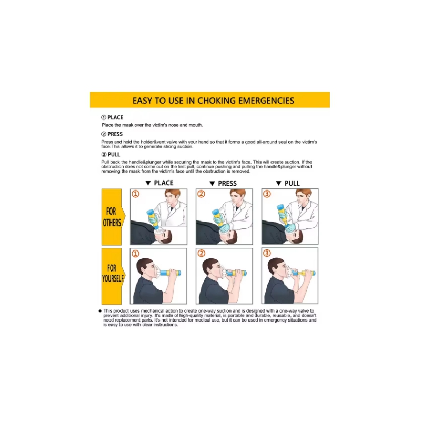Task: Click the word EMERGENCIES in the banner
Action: pos(266,101)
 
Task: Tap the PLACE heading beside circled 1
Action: pos(115,117)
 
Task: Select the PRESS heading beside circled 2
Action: pos(115,134)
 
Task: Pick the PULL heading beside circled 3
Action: pos(114,154)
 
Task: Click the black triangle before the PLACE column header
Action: pos(148,183)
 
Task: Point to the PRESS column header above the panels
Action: pos(227,183)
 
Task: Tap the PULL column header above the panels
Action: pos(292,183)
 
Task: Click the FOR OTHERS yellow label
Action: pos(112,217)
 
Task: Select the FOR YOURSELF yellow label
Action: pos(112,276)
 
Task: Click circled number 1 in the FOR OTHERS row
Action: pos(135,194)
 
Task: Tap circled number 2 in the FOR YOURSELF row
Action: pos(201,253)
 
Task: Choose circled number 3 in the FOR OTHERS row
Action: pos(267,194)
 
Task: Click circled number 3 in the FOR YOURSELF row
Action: pos(267,253)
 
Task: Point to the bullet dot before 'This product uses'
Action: pos(100,311)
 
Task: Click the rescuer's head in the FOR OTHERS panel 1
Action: pos(172,196)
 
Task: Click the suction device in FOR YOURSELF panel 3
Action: pos(301,274)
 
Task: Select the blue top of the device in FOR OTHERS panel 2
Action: pos(216,213)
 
